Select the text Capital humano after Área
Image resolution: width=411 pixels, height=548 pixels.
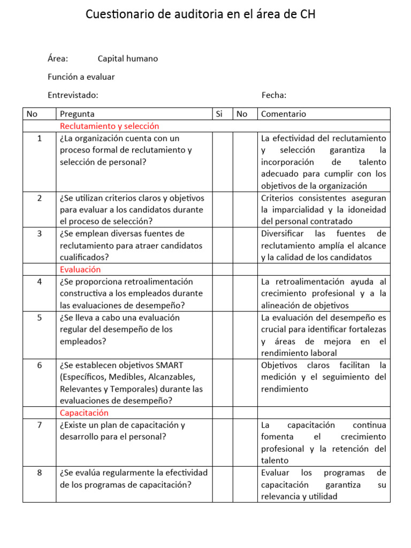coord(128,59)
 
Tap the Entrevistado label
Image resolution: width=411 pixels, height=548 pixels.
coord(73,95)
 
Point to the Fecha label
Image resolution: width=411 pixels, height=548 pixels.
coord(274,95)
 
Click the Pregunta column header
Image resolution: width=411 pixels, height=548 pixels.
coord(78,114)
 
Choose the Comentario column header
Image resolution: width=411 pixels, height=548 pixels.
coord(284,114)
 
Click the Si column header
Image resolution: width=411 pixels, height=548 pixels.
coord(219,114)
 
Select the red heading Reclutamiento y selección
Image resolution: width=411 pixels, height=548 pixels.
coord(110,126)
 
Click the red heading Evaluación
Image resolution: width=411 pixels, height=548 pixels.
coord(80,270)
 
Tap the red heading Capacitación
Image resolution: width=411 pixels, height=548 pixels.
coord(85,413)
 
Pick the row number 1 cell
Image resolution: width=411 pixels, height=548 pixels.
coord(39,138)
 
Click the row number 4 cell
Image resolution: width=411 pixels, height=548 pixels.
coord(39,281)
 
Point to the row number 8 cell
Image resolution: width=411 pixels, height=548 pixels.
coord(39,473)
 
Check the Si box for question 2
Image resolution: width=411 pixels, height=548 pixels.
coord(223,210)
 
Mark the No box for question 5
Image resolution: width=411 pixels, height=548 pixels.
coord(245,335)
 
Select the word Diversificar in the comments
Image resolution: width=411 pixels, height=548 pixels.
coord(283,234)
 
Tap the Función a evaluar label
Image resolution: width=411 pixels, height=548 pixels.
coord(81,77)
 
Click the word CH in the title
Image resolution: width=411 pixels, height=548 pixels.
coord(308,15)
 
